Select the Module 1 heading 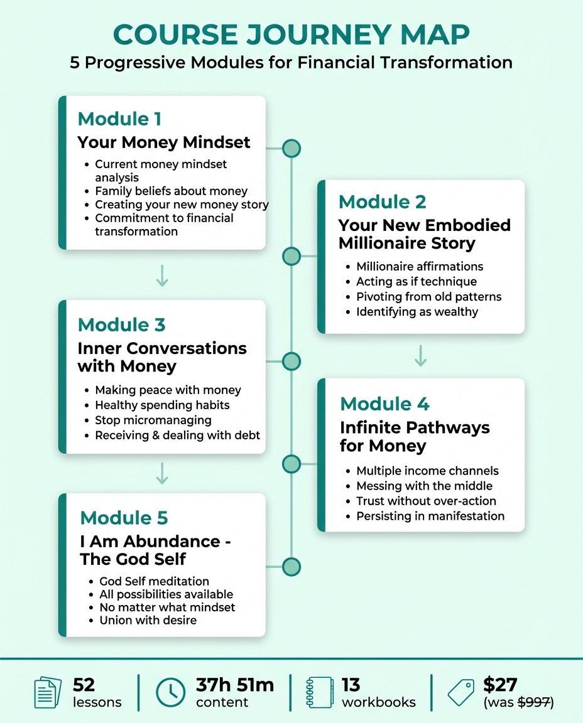pyautogui.click(x=119, y=119)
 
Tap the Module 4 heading pyautogui.click(x=384, y=404)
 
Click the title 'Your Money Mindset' pyautogui.click(x=164, y=142)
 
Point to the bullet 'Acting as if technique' pyautogui.click(x=417, y=281)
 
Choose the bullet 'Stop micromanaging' pyautogui.click(x=153, y=420)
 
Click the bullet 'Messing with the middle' pyautogui.click(x=424, y=486)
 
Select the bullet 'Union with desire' pyautogui.click(x=148, y=620)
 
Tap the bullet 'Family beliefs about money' pyautogui.click(x=171, y=191)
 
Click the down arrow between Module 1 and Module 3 pyautogui.click(x=162, y=276)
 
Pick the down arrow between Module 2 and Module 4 pyautogui.click(x=421, y=355)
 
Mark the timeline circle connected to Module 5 pyautogui.click(x=291, y=567)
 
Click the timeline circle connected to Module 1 pyautogui.click(x=291, y=148)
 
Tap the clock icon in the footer pyautogui.click(x=170, y=692)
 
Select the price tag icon pyautogui.click(x=460, y=692)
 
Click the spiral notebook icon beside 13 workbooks pyautogui.click(x=319, y=692)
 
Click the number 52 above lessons pyautogui.click(x=84, y=685)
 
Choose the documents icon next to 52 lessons pyautogui.click(x=48, y=692)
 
